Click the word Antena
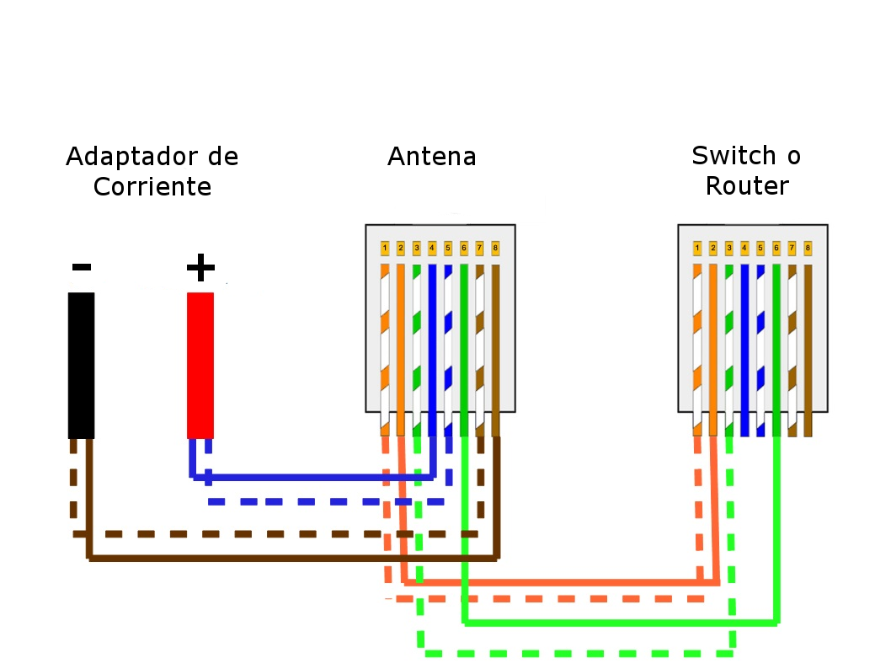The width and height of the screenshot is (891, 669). click(x=431, y=157)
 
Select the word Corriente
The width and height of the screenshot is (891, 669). click(x=152, y=186)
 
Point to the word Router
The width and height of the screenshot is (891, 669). click(x=746, y=186)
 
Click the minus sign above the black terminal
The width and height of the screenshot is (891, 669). click(x=81, y=268)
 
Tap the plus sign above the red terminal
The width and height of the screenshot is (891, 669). click(x=200, y=267)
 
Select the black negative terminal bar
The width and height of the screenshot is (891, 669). click(x=81, y=365)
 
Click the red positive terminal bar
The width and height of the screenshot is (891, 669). click(x=200, y=365)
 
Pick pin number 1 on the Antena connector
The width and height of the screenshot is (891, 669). click(x=385, y=249)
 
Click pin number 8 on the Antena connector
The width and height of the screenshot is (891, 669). click(x=495, y=249)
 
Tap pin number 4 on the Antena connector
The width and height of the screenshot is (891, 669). click(x=432, y=249)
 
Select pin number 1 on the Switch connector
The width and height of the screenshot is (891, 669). click(x=697, y=249)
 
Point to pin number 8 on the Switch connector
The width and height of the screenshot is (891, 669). click(x=808, y=249)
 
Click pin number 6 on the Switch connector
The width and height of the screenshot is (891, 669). click(x=776, y=249)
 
